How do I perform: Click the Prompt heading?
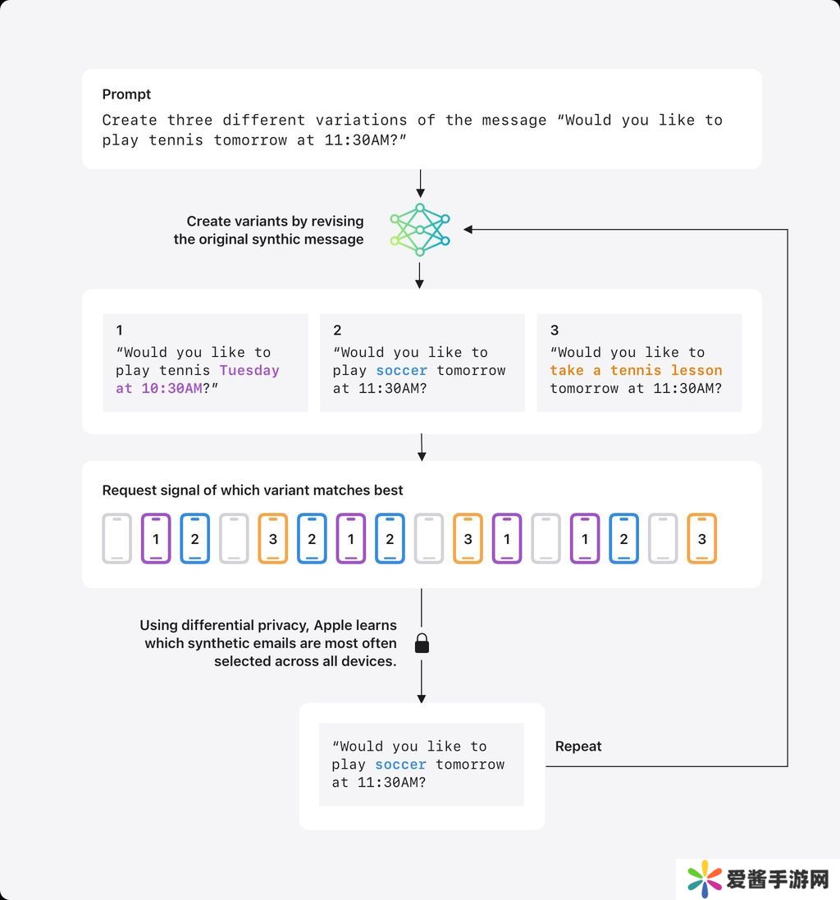pyautogui.click(x=126, y=94)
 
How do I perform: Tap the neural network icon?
pyautogui.click(x=420, y=231)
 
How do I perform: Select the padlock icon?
pyautogui.click(x=422, y=644)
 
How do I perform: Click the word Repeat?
pyautogui.click(x=578, y=746)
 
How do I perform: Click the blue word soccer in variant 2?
pyautogui.click(x=402, y=370)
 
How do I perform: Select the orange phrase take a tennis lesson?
pyautogui.click(x=636, y=370)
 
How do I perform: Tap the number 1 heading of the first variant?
pyautogui.click(x=120, y=331)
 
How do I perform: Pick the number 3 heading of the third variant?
pyautogui.click(x=555, y=331)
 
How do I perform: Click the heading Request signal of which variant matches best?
pyautogui.click(x=253, y=490)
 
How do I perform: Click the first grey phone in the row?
pyautogui.click(x=117, y=539)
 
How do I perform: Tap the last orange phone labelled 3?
pyautogui.click(x=701, y=539)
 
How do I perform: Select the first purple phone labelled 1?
pyautogui.click(x=156, y=539)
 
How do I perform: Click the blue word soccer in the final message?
pyautogui.click(x=401, y=764)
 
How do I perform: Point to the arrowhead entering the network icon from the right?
pyautogui.click(x=469, y=230)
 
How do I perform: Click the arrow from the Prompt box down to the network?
pyautogui.click(x=420, y=181)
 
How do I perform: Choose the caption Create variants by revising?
pyautogui.click(x=275, y=221)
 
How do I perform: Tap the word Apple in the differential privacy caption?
pyautogui.click(x=333, y=625)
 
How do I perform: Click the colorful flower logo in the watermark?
pyautogui.click(x=705, y=879)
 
